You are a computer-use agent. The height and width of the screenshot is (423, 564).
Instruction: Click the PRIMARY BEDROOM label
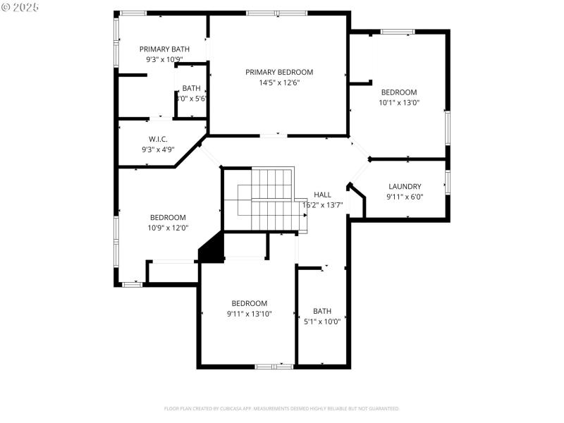click(x=279, y=72)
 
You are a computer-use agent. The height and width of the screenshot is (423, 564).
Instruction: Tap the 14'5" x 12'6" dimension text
click(x=279, y=82)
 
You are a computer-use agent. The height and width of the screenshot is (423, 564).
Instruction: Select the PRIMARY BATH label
click(x=164, y=49)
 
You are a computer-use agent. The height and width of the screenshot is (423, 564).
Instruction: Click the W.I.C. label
click(x=158, y=139)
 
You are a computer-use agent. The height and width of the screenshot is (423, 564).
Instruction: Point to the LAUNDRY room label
click(x=405, y=187)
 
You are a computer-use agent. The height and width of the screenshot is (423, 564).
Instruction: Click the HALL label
click(x=322, y=195)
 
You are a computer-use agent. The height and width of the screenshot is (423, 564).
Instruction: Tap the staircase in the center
click(x=266, y=200)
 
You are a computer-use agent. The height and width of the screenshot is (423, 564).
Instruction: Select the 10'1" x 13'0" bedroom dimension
click(x=399, y=102)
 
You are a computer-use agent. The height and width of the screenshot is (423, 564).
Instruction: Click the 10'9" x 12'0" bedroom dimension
click(x=168, y=228)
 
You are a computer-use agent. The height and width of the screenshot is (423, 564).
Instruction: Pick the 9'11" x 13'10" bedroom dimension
click(x=249, y=314)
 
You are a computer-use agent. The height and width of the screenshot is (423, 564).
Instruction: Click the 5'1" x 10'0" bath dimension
click(x=321, y=321)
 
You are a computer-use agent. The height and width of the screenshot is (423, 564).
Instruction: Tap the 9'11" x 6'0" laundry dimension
click(x=405, y=197)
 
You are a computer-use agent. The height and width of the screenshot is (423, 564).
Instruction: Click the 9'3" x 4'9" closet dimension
click(x=158, y=149)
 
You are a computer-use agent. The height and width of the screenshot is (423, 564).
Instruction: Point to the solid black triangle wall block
click(x=214, y=250)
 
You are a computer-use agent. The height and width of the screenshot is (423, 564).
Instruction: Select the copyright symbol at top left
click(x=6, y=6)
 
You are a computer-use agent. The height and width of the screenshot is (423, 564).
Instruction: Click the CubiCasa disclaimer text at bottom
click(x=282, y=408)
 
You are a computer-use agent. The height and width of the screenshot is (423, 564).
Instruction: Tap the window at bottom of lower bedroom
click(x=274, y=366)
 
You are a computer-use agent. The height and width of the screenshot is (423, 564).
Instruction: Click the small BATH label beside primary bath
click(x=191, y=88)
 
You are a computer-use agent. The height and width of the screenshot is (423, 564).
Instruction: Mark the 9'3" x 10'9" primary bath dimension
click(x=164, y=59)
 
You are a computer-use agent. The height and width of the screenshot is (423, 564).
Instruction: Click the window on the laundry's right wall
click(x=447, y=181)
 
